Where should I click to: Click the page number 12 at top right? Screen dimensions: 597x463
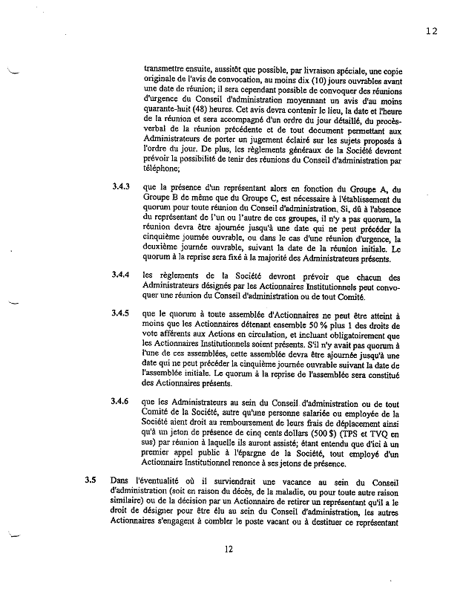pos(432,30)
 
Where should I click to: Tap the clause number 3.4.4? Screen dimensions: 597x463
pos(122,275)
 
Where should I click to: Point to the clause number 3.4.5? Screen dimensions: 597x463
pos(122,314)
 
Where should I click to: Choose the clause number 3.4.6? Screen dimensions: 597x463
pos(122,402)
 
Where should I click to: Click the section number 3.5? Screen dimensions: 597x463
pos(91,480)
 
